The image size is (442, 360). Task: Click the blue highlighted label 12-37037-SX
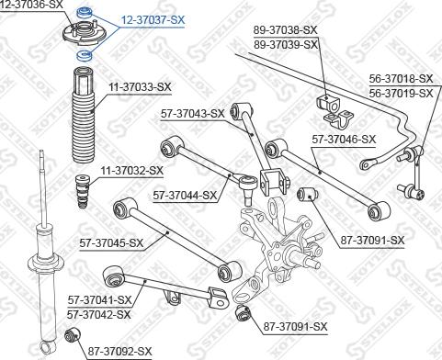tap(153, 18)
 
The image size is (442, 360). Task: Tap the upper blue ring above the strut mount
tap(86, 12)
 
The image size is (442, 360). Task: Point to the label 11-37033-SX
tap(141, 87)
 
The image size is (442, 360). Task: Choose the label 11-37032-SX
tap(131, 170)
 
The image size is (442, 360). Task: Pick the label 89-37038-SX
tap(286, 30)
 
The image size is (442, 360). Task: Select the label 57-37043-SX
tap(191, 114)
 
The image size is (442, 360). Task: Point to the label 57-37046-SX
tap(344, 140)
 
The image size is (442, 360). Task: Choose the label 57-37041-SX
tap(100, 299)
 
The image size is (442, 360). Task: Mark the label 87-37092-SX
tap(119, 350)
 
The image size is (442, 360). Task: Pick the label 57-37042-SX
tap(100, 314)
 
